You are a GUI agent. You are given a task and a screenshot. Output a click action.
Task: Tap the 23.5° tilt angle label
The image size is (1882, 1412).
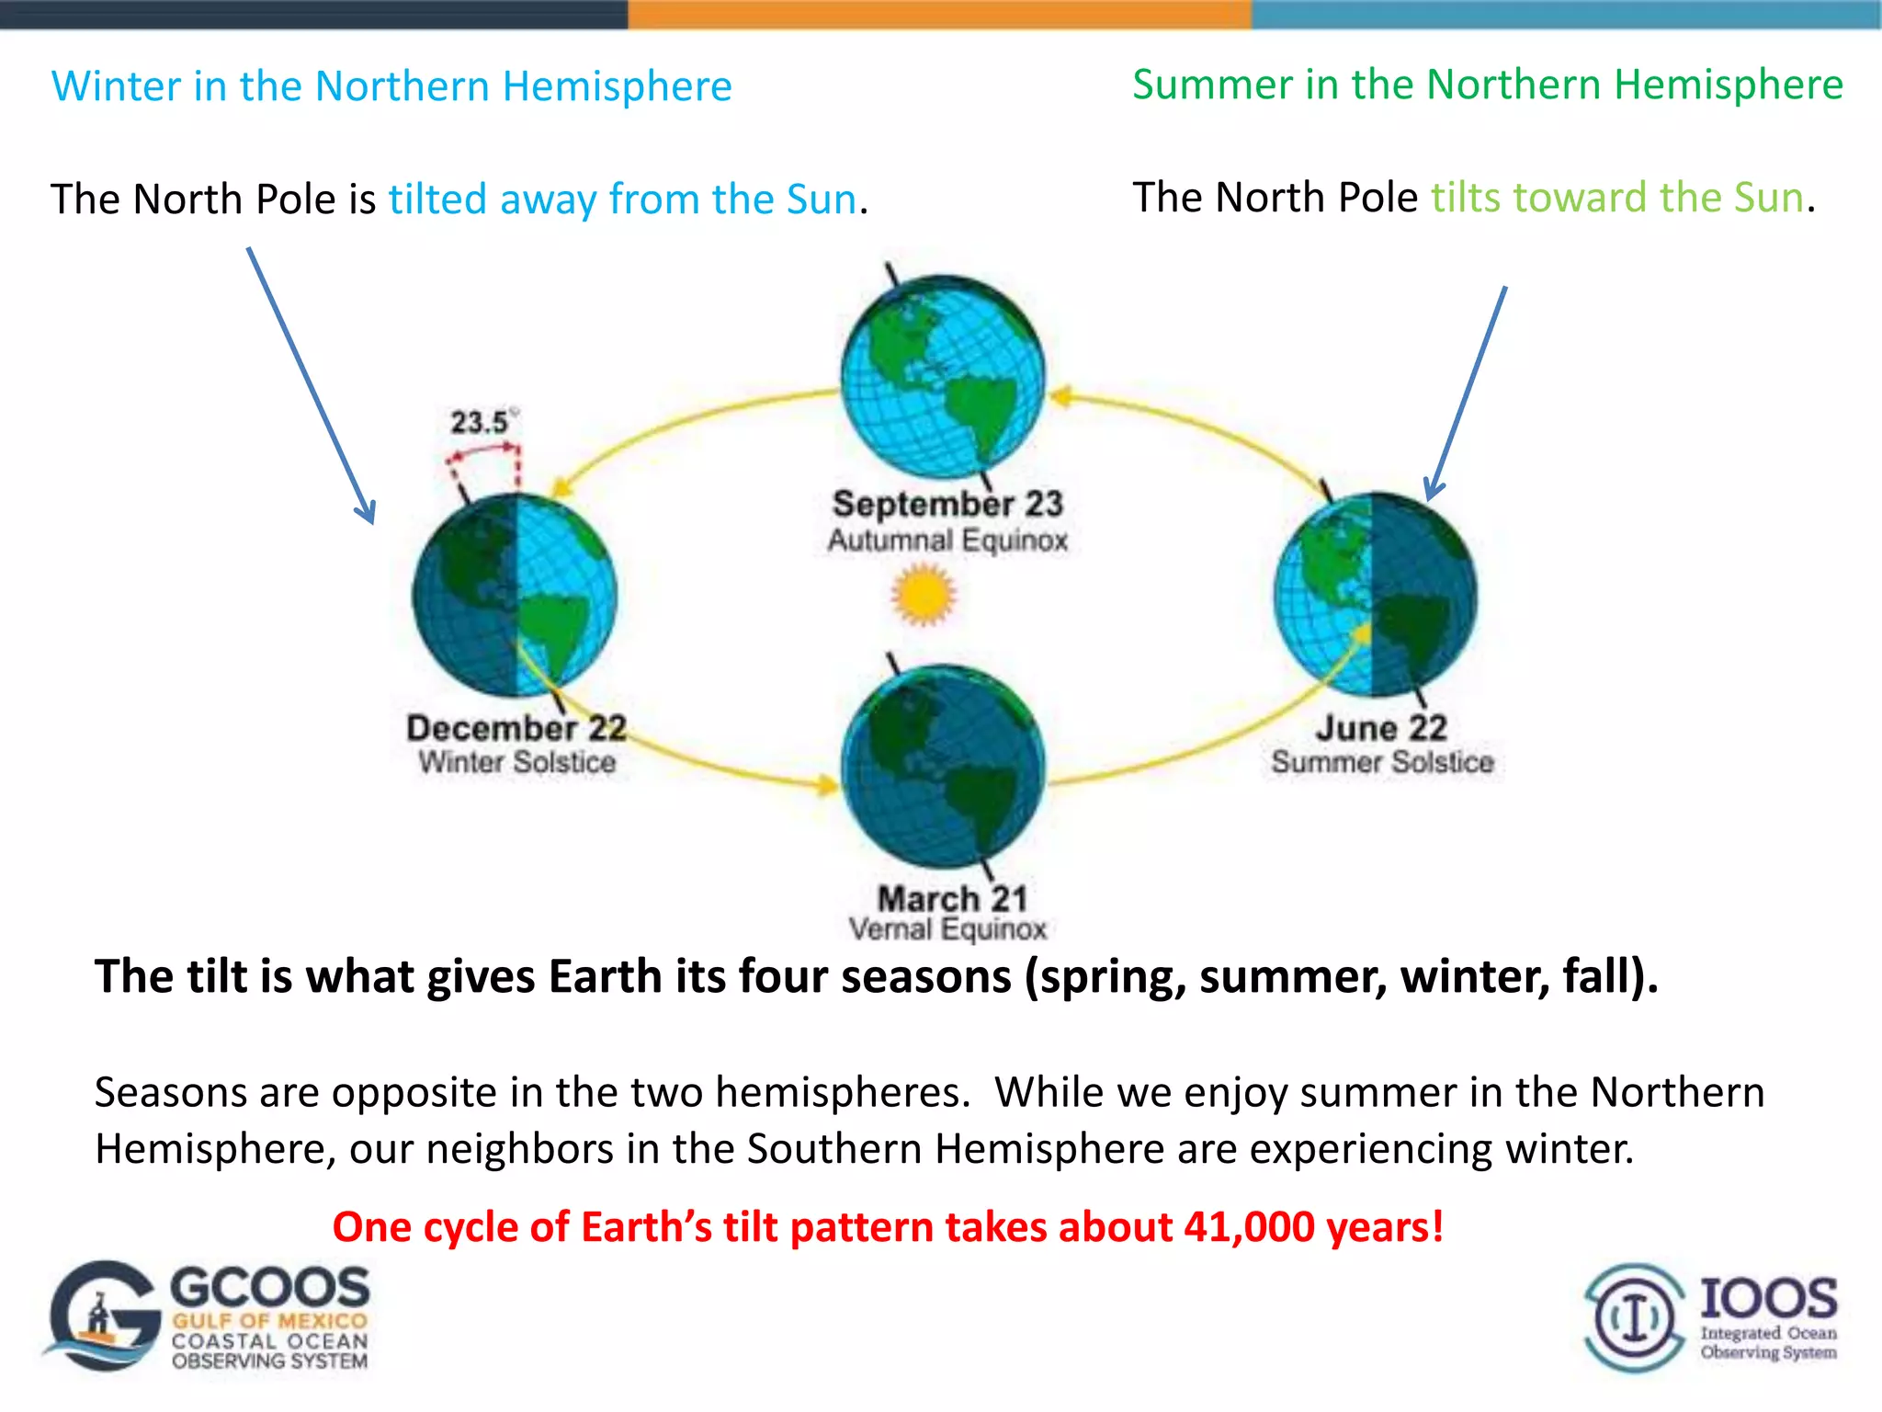click(482, 423)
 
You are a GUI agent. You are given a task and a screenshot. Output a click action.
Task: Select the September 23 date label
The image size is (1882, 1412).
click(947, 504)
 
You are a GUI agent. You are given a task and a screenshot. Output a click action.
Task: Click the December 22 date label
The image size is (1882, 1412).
click(516, 728)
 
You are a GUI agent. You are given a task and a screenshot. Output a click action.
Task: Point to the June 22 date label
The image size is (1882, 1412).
click(1381, 728)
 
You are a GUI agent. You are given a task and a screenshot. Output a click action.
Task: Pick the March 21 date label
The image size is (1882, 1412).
click(952, 897)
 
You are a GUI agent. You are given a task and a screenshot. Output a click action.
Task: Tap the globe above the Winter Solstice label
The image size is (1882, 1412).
click(515, 595)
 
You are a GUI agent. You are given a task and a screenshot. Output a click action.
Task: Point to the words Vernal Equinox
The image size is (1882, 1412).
click(947, 929)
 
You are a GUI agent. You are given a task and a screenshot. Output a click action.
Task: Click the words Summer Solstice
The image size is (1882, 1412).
click(1382, 762)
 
